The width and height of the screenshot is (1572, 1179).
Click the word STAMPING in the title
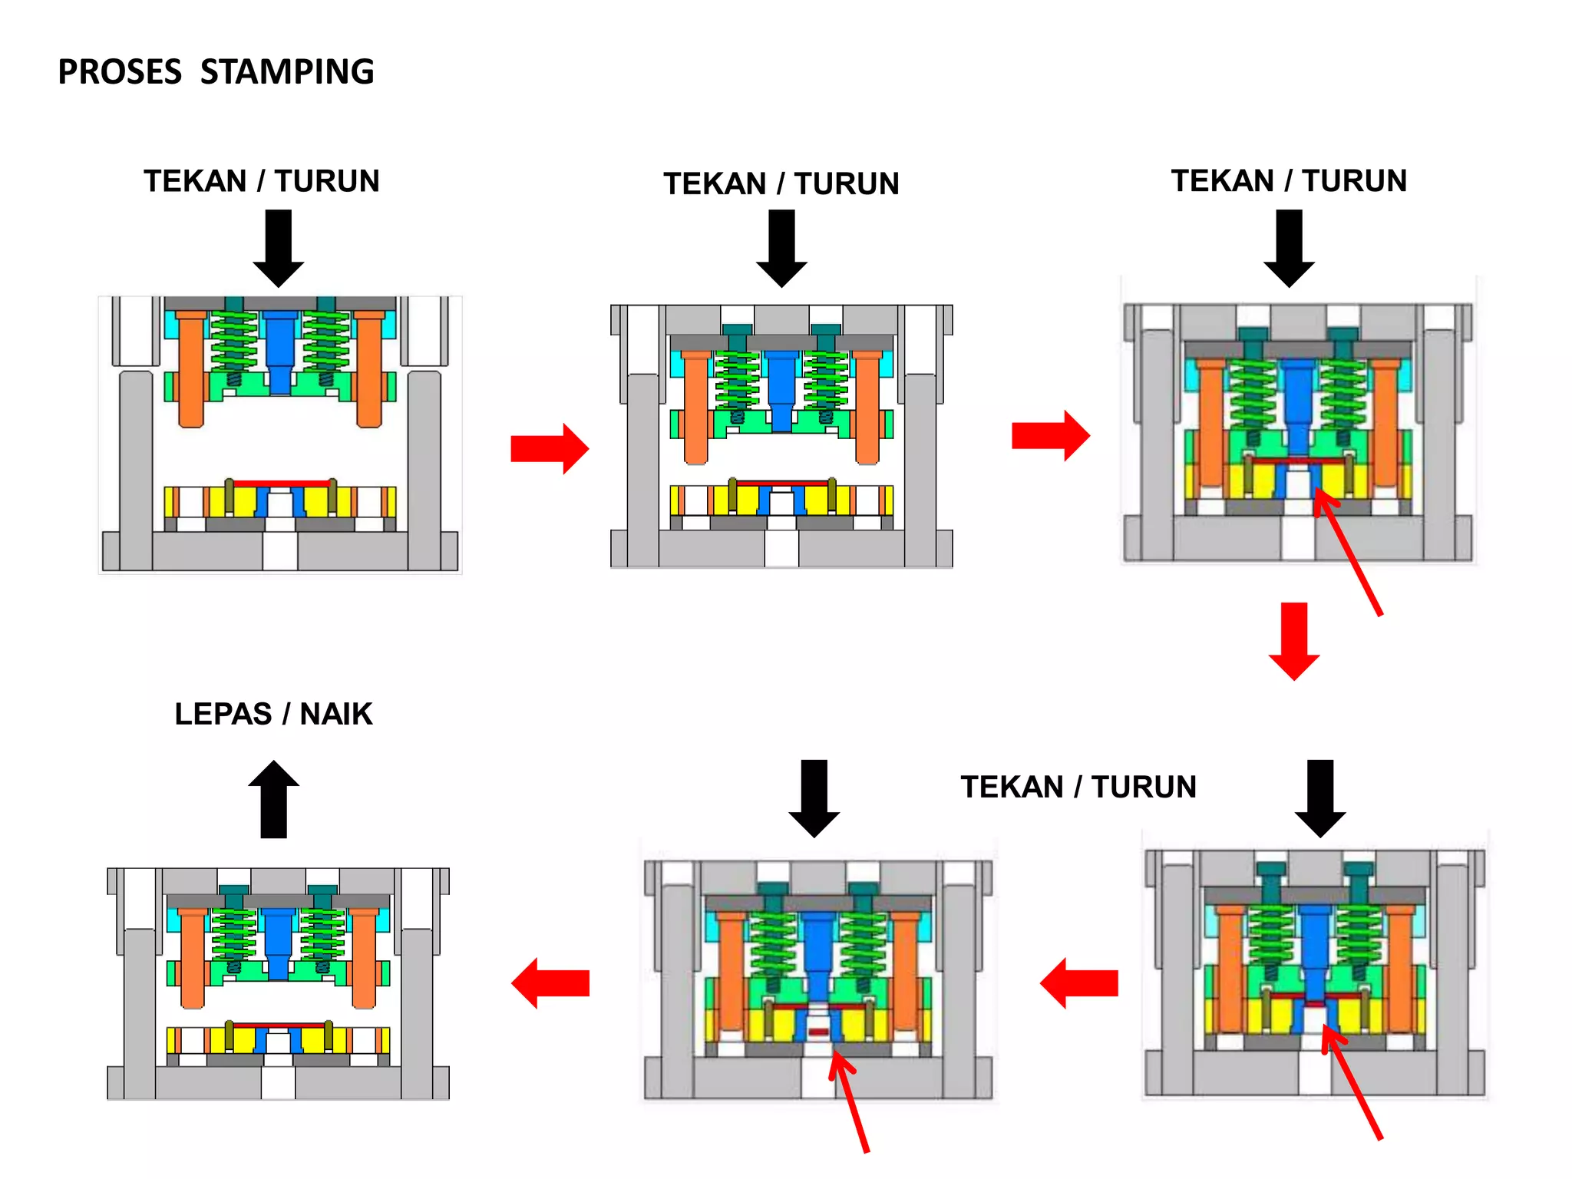[287, 72]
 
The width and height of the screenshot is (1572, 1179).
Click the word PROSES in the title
[120, 72]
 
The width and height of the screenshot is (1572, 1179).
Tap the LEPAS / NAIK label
[273, 714]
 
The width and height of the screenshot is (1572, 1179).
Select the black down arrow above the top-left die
[279, 247]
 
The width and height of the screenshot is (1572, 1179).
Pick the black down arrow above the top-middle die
[781, 247]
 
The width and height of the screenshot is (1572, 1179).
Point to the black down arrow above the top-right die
[1290, 247]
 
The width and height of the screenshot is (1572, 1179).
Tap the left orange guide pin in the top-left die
[191, 368]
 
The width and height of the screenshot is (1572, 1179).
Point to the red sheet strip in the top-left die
[281, 484]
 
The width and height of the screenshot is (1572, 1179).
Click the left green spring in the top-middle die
[737, 384]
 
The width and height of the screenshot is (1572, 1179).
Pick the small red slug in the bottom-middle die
[819, 1032]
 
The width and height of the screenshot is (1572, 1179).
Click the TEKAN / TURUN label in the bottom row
[1078, 787]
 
